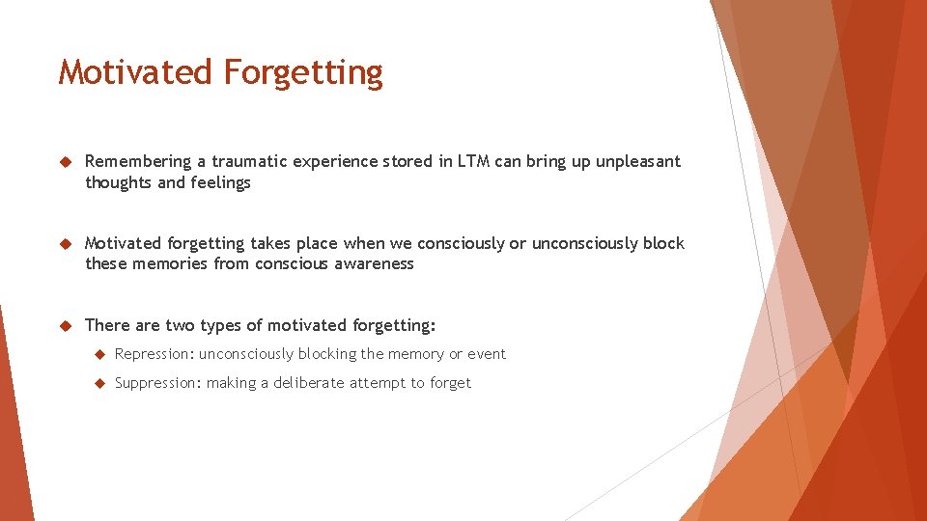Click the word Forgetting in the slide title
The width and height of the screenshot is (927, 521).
tap(303, 73)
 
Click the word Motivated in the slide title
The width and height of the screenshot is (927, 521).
tap(135, 72)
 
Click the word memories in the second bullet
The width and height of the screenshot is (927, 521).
tap(170, 263)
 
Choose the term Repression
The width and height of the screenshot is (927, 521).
tap(154, 354)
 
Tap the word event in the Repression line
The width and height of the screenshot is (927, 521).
tap(487, 354)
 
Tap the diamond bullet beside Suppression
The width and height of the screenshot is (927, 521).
tap(98, 384)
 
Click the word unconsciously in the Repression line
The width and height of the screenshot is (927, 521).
tap(245, 354)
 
